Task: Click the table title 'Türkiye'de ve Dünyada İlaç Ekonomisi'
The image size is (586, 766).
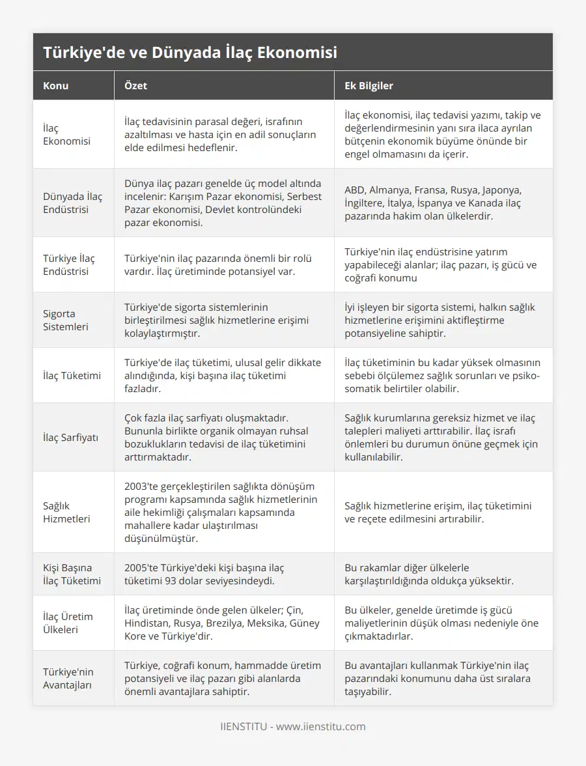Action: (190, 53)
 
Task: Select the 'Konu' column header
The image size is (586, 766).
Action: (56, 85)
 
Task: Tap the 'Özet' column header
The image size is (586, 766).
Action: (137, 85)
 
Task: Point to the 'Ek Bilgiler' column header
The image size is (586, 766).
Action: (369, 85)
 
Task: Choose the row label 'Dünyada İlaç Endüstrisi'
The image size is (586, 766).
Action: (72, 203)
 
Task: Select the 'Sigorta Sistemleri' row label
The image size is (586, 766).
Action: (66, 320)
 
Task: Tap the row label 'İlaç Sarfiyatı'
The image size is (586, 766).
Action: (71, 437)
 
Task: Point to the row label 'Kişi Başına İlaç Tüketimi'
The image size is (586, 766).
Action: (72, 574)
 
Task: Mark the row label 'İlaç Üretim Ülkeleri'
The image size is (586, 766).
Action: (68, 623)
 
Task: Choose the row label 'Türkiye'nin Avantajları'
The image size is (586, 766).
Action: (68, 678)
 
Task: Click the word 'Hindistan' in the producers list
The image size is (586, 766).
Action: (149, 623)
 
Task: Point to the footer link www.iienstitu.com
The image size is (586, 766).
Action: (321, 726)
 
